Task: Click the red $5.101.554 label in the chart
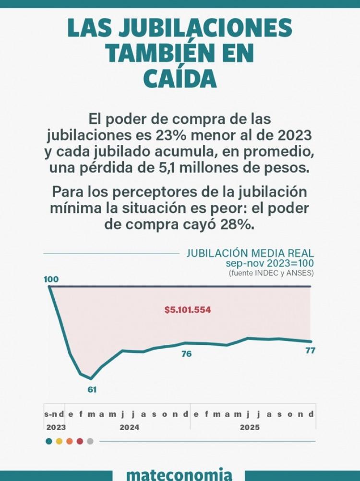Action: pyautogui.click(x=188, y=310)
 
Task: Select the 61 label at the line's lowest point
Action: pyautogui.click(x=92, y=390)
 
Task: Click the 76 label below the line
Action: pyautogui.click(x=187, y=354)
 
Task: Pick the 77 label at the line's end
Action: pyautogui.click(x=310, y=351)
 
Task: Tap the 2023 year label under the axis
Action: pyautogui.click(x=56, y=427)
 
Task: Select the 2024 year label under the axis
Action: pyautogui.click(x=130, y=427)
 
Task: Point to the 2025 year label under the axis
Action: pyautogui.click(x=250, y=427)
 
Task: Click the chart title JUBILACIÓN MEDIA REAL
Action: pyautogui.click(x=250, y=253)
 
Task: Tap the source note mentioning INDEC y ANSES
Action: pyautogui.click(x=271, y=273)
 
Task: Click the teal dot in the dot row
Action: pyautogui.click(x=49, y=441)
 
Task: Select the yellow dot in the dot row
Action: pyautogui.click(x=59, y=441)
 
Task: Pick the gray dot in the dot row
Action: pyautogui.click(x=90, y=441)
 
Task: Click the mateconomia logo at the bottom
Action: pyautogui.click(x=180, y=474)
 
